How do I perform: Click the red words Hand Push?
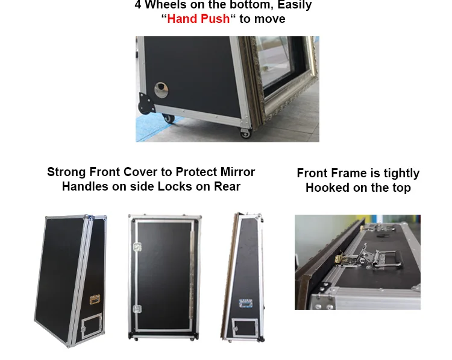point(198,19)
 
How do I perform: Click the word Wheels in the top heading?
point(166,5)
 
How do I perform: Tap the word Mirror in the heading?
point(237,172)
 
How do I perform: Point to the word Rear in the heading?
point(227,187)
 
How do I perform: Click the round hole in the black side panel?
point(161,90)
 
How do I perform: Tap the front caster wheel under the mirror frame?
point(246,133)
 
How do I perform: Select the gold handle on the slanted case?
point(95,300)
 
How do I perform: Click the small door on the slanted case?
point(92,326)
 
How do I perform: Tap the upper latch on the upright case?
point(137,247)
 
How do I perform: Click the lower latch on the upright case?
point(137,309)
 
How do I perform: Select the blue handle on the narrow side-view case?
point(246,303)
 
